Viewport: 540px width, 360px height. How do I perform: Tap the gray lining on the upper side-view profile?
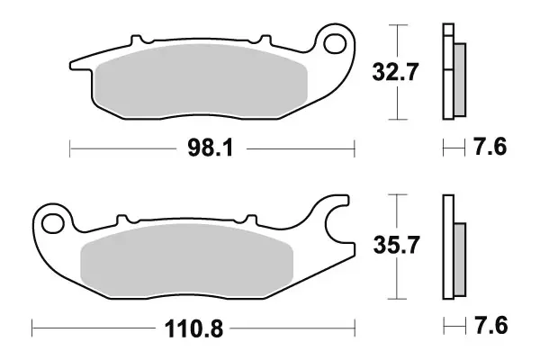point(458,81)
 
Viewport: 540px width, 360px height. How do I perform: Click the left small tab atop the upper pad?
point(138,41)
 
